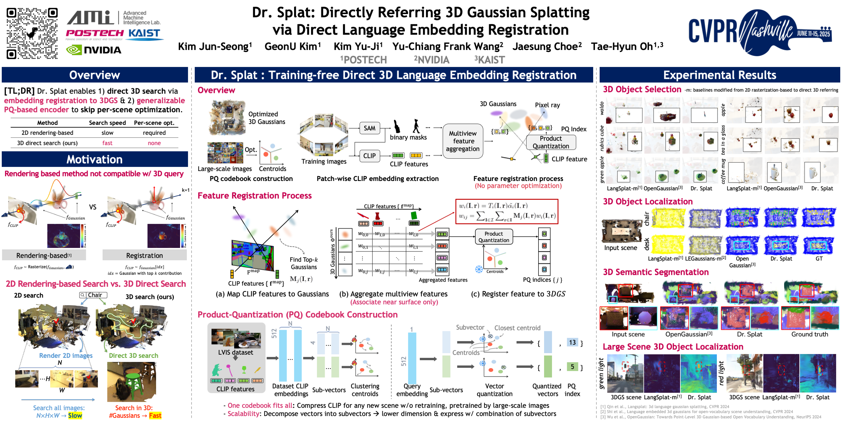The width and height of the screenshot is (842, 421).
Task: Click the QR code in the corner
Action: pos(32,33)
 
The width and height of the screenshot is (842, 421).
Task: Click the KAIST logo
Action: pos(144,34)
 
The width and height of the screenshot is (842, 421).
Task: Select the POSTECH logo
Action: pos(95,33)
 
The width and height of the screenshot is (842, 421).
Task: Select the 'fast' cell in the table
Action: pos(107,143)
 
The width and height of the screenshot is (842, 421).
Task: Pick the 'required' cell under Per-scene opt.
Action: pos(154,133)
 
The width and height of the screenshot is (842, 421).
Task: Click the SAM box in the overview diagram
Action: pos(369,128)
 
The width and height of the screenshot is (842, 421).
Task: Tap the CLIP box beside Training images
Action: pos(369,156)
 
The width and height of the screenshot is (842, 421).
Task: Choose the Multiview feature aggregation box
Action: pos(463,141)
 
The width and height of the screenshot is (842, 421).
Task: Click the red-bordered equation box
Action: pos(507,211)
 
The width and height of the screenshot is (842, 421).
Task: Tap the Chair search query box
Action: pos(93,295)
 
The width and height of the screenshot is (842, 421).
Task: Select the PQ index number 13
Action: pos(572,342)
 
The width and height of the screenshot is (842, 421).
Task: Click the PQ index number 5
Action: pos(572,367)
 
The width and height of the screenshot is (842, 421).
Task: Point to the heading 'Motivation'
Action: pos(94,160)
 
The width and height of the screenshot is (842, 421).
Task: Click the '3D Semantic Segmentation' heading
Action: pos(655,272)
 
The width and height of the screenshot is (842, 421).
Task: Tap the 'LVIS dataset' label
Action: pos(235,352)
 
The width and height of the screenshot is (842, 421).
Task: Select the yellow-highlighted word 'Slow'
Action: pos(75,415)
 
